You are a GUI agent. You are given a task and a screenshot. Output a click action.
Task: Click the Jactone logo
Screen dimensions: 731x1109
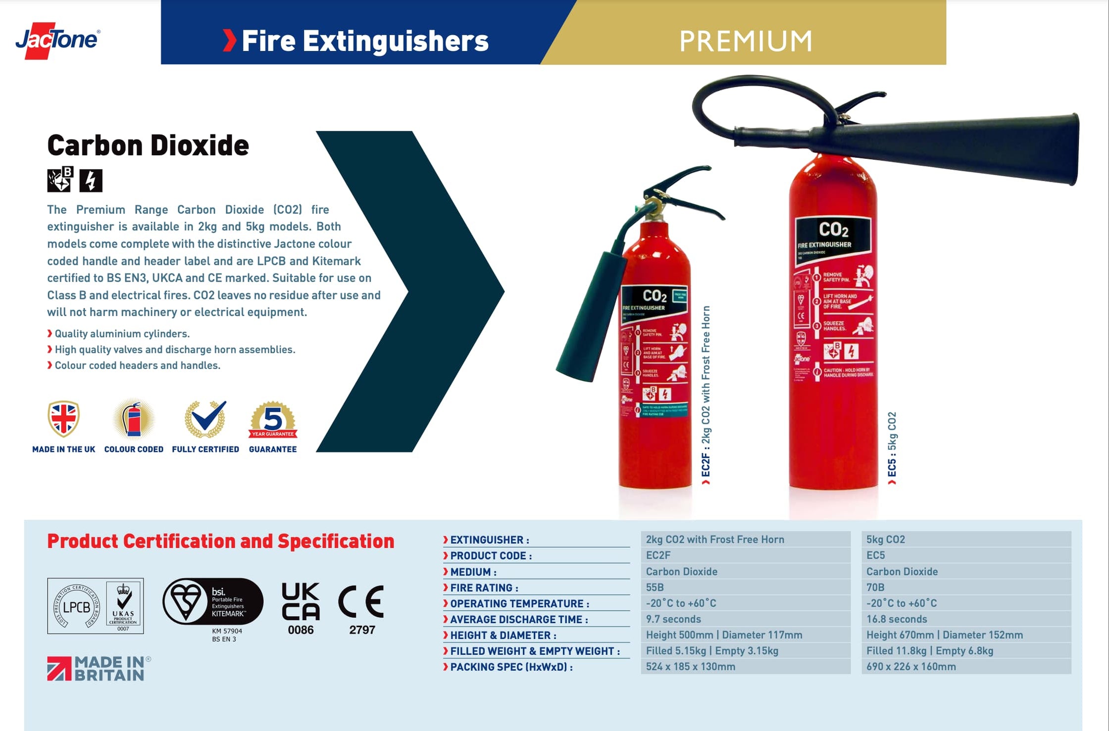57,40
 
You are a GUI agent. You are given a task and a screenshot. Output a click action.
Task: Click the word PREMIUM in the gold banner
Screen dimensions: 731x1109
745,41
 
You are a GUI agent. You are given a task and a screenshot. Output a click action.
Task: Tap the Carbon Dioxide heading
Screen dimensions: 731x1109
148,146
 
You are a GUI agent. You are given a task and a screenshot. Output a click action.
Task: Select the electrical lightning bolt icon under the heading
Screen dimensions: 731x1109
91,180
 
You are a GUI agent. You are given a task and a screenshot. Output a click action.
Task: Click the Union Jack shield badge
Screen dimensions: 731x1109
63,419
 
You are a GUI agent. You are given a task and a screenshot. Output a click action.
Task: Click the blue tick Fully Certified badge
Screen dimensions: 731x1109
205,419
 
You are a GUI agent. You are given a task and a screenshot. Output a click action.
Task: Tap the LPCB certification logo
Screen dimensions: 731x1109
77,606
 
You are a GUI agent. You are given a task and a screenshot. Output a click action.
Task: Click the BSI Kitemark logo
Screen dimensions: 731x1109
213,602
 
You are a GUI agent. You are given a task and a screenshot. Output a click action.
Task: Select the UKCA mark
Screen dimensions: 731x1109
301,602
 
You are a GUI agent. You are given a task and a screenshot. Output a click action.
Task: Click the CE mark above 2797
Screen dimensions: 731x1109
361,602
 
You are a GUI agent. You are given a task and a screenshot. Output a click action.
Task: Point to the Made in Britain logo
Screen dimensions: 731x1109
98,669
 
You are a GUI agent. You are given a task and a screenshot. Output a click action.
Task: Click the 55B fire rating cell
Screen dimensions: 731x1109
745,587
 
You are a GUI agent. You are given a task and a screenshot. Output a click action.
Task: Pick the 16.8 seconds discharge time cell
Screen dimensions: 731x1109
965,619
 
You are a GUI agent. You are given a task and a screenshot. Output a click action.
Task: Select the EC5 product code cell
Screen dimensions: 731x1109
965,555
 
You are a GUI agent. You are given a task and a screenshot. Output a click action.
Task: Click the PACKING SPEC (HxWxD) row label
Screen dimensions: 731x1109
511,667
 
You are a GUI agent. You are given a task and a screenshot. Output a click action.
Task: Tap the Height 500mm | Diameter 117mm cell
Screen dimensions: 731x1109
745,635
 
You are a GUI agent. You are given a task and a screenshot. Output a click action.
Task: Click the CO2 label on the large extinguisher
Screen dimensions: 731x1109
833,230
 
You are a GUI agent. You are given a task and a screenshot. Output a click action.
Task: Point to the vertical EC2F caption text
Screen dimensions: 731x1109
706,391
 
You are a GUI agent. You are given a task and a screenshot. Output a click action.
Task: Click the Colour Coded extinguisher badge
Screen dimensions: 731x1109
134,420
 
